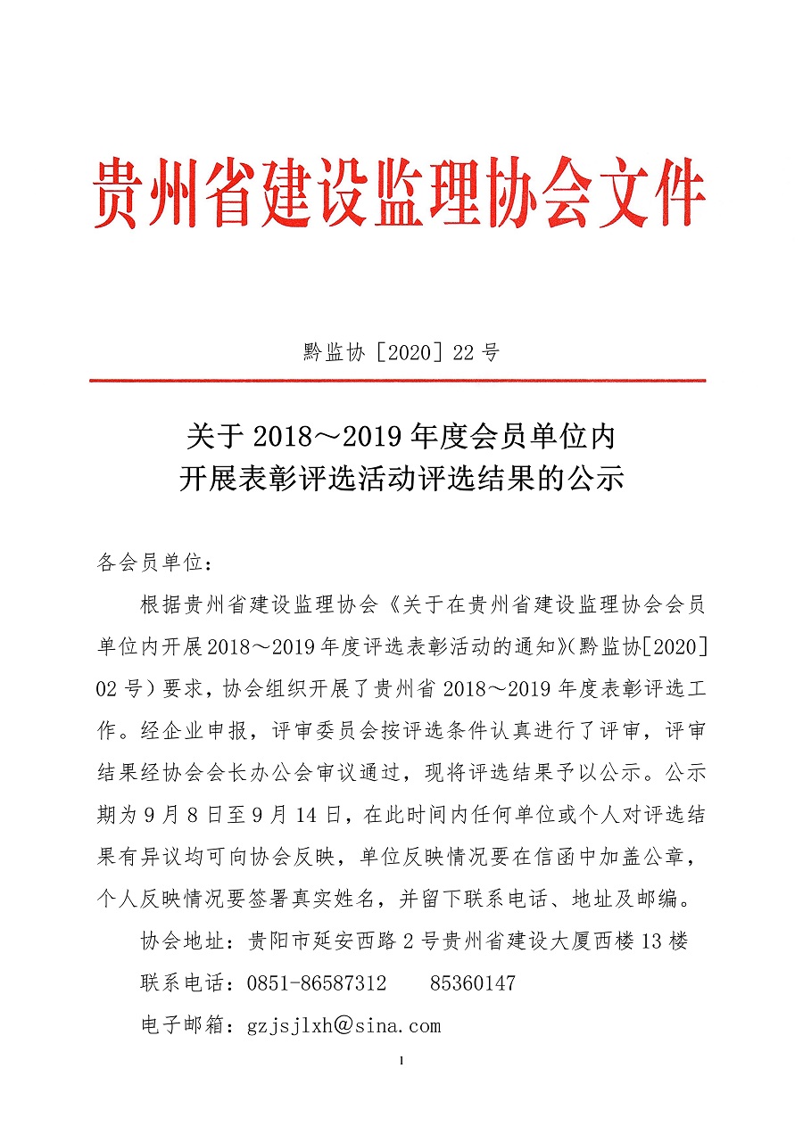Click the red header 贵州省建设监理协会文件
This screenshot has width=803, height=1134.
click(x=401, y=193)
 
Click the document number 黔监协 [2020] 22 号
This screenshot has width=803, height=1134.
click(x=401, y=352)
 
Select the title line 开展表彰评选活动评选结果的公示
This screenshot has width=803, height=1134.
click(x=401, y=480)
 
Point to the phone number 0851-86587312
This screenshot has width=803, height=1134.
click(x=317, y=983)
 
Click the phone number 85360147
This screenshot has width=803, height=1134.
click(x=473, y=983)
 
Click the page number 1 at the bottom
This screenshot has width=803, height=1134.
click(x=402, y=1061)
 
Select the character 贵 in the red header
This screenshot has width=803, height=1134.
click(x=121, y=193)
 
